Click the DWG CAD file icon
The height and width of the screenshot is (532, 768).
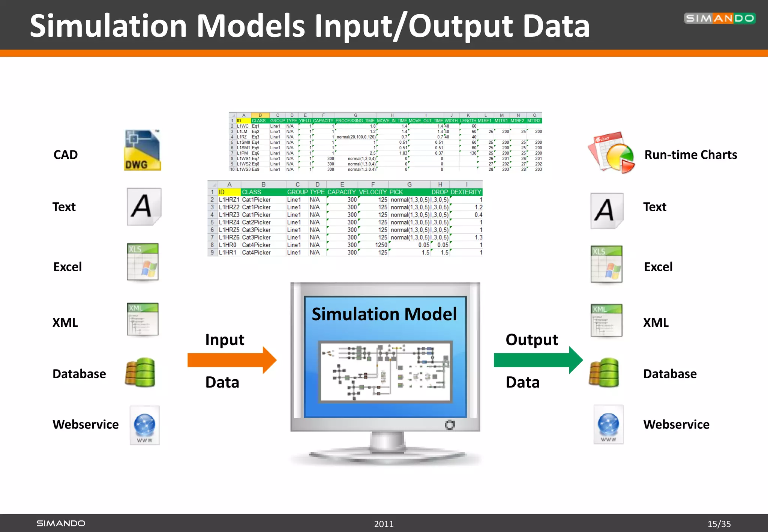click(x=142, y=150)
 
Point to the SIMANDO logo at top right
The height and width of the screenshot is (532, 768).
click(x=719, y=18)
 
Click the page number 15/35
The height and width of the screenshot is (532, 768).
click(x=719, y=524)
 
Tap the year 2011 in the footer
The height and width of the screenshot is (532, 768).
click(x=384, y=524)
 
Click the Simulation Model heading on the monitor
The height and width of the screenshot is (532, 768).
click(x=384, y=314)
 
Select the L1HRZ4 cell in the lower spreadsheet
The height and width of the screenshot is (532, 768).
click(x=229, y=222)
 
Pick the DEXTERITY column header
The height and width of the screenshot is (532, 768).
click(x=466, y=192)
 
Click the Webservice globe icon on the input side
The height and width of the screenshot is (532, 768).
click(x=145, y=425)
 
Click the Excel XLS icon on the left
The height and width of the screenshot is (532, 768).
click(x=142, y=262)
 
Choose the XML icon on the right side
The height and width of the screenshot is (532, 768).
click(x=606, y=320)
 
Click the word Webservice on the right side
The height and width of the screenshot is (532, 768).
click(x=676, y=424)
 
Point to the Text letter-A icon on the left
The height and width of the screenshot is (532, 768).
click(x=144, y=206)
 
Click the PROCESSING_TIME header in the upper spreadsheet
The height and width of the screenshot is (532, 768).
click(x=355, y=121)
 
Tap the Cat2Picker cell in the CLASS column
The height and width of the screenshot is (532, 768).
click(x=256, y=222)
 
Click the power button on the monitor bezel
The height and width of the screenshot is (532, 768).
click(x=450, y=425)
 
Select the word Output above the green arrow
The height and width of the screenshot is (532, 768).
click(x=531, y=340)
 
